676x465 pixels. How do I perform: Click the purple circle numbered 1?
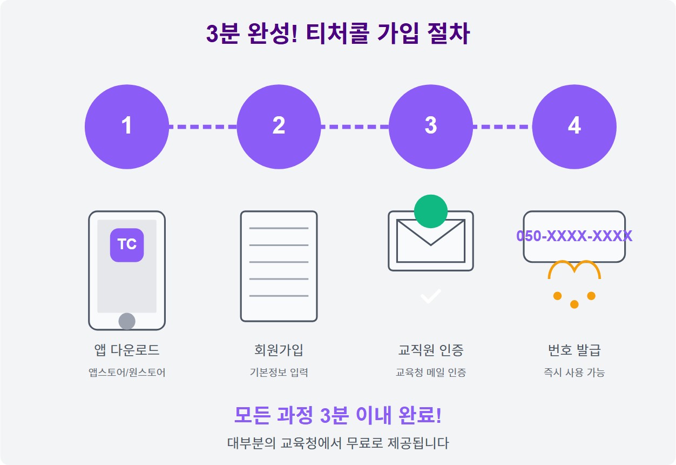(x=127, y=127)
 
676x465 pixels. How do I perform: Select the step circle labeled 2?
(x=279, y=127)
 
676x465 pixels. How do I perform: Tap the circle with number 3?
(x=430, y=127)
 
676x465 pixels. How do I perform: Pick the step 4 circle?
(x=574, y=127)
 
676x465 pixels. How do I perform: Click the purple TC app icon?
(x=127, y=244)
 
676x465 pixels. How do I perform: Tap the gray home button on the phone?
(x=127, y=321)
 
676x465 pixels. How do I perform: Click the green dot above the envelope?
(x=431, y=211)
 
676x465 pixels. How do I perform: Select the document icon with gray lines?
(x=279, y=266)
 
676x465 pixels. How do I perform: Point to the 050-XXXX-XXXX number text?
(x=574, y=236)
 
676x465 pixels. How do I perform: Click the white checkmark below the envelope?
(x=431, y=296)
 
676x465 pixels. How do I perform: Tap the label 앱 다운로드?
(x=127, y=350)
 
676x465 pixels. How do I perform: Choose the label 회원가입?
(x=279, y=350)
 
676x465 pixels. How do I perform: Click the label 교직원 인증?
(x=431, y=350)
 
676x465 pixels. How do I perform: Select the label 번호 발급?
(x=574, y=350)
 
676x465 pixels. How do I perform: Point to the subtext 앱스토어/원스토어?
(x=127, y=373)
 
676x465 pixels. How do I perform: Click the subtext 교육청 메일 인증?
(x=431, y=373)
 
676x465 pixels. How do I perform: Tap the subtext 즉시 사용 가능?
(x=574, y=373)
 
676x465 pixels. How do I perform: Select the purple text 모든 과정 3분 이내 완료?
(x=338, y=415)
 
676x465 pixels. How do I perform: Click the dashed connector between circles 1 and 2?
(x=203, y=127)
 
